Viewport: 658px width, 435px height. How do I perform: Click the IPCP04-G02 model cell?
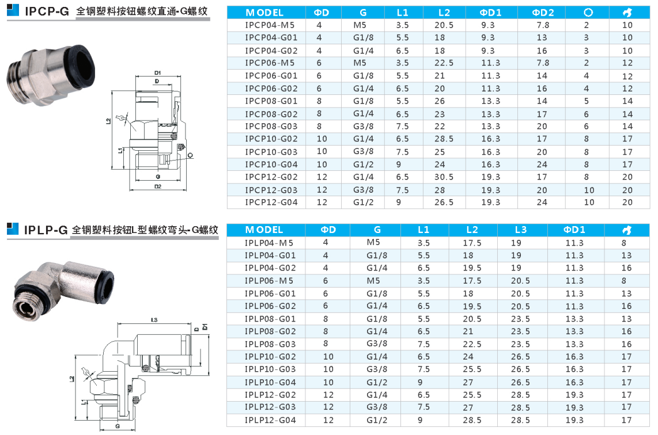[x=271, y=51]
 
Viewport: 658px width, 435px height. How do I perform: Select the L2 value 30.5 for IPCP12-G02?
[x=444, y=177]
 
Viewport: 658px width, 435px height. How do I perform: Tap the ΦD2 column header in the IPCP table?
[x=543, y=13]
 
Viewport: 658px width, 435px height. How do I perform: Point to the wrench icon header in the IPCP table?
[x=627, y=13]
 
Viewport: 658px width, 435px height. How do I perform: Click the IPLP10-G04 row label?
[x=270, y=382]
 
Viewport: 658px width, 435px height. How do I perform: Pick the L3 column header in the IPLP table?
[x=520, y=230]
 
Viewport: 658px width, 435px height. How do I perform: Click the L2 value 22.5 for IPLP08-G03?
[x=472, y=344]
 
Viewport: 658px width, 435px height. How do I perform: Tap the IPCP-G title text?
[x=47, y=12]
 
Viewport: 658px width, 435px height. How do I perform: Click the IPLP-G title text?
[x=46, y=230]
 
